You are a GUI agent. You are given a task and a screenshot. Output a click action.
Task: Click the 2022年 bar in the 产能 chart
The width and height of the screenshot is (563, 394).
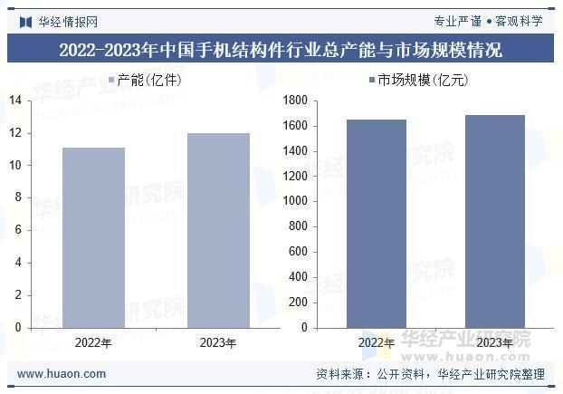(93, 237)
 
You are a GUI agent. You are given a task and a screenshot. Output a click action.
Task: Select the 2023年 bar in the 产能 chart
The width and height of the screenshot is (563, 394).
(218, 230)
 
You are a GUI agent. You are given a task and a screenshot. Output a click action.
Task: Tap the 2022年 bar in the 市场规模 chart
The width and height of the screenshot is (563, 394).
(377, 224)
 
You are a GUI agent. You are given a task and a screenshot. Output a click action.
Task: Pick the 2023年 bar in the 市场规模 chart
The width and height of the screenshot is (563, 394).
(494, 221)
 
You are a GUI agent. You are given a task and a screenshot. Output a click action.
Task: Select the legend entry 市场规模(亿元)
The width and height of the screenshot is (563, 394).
(417, 81)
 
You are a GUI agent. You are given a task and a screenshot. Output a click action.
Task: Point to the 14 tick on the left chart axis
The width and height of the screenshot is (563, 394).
(15, 100)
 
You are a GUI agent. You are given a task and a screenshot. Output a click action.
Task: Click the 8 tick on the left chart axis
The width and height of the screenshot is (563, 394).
(18, 197)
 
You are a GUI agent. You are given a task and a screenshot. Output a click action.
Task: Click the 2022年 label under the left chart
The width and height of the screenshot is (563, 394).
(93, 343)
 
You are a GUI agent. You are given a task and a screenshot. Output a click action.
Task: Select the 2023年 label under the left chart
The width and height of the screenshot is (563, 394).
(218, 343)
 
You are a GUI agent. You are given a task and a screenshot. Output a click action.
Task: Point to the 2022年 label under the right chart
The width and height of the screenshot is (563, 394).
(377, 343)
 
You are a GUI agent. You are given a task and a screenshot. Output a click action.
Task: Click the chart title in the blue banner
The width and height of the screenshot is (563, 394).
(281, 49)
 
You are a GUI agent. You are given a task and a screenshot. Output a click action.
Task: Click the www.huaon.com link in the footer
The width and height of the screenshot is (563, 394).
(62, 373)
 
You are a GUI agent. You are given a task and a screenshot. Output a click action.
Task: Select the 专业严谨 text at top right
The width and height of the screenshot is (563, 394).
(457, 21)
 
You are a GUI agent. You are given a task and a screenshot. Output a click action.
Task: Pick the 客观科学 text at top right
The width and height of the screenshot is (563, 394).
(519, 21)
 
